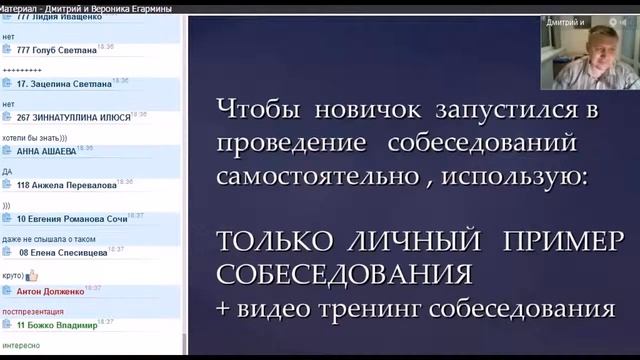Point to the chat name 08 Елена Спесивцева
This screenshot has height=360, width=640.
pos(61,253)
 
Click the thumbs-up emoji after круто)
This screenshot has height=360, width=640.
pos(32,275)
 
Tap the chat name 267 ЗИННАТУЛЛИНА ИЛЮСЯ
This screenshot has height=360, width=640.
pos(73,117)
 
